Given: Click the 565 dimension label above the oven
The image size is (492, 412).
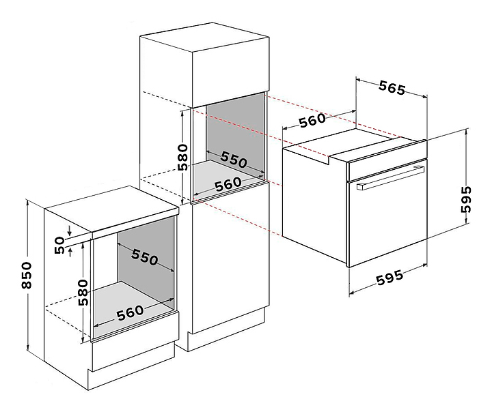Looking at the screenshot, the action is (392, 88).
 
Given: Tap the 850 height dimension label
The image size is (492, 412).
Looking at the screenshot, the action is (27, 276).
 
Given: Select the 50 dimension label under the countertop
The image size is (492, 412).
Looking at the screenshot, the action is (59, 246).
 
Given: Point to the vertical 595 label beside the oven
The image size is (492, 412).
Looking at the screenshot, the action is (466, 199).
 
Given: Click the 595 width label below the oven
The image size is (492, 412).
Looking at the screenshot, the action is (389, 277).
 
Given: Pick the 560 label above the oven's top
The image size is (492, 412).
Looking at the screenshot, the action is (313, 120).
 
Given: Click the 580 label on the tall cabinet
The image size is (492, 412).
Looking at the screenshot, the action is (182, 158).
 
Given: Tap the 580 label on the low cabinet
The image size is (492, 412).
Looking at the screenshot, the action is (83, 293).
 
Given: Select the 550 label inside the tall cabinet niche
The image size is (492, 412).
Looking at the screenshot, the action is (234, 160).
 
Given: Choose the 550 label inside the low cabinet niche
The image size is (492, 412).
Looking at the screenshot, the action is (145, 257).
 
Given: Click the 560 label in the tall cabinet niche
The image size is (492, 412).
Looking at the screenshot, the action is (228, 184).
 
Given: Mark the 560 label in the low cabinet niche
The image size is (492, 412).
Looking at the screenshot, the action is (131, 312).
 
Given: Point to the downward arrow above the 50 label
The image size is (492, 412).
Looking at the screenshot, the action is (70, 231).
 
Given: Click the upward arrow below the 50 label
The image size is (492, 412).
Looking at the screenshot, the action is (70, 252).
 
